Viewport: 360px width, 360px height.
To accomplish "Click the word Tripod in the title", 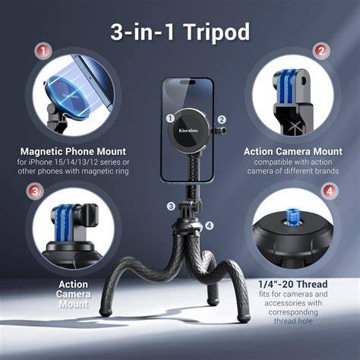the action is [216, 32].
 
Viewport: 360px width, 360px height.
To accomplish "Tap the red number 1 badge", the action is [43, 52].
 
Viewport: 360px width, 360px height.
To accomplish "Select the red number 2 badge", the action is [321, 52].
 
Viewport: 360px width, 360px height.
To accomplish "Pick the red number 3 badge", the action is [35, 191].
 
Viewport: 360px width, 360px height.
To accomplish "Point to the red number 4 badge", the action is [329, 191].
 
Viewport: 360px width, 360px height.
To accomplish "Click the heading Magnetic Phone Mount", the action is [73, 151].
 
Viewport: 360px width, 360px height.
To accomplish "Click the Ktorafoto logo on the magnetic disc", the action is [188, 131].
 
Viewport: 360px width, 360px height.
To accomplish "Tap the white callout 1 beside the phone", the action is [171, 118].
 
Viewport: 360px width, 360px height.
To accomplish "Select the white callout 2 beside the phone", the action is [222, 119].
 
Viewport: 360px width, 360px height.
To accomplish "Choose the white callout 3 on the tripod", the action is [171, 206].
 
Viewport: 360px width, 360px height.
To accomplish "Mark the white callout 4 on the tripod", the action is [209, 226].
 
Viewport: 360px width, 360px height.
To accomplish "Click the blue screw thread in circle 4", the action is [292, 216].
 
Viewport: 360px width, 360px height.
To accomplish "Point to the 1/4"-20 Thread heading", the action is [293, 284].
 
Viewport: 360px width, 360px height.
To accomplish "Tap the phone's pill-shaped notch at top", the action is [188, 82].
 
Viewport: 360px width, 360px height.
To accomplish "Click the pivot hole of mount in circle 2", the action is [304, 81].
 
